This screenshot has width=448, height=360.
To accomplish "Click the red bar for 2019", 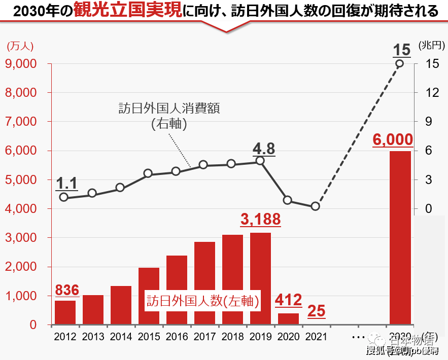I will coord(260,278).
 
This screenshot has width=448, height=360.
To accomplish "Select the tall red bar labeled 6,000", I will coord(400,237).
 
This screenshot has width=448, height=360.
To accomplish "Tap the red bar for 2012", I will coord(65,312).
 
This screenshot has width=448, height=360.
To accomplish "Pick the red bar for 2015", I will coord(149,296).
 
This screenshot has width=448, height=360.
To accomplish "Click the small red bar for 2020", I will coord(288,318).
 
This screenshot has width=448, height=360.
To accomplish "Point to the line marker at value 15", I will coord(400,63).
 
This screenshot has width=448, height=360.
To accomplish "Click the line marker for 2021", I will coord(316,206).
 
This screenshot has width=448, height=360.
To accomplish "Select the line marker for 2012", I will coord(64,197).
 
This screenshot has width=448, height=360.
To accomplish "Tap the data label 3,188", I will coord(260,220).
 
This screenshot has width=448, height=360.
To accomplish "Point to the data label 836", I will coord(67,290).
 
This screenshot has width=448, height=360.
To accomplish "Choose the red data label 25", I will coord(317,311).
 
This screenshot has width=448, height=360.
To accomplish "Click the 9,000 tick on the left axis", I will coord(21,64).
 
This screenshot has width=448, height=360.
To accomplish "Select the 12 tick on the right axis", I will coord(432,93).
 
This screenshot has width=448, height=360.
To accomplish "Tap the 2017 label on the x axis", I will coord(204,336).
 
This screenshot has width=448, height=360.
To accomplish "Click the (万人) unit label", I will coord(20,46).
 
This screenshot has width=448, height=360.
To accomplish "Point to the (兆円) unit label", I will coord(431,45).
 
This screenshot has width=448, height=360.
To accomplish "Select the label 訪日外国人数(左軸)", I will coord(203,301).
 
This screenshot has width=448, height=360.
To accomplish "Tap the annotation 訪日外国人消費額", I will coord(169,109).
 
